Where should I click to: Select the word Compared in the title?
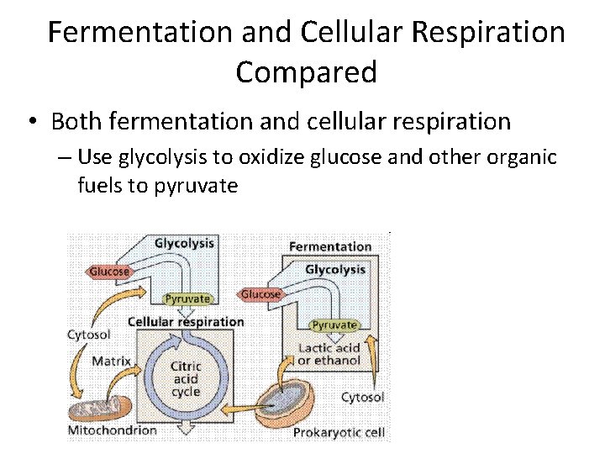[x=306, y=72]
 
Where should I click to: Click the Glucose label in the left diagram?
[x=109, y=272]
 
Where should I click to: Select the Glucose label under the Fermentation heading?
[x=260, y=294]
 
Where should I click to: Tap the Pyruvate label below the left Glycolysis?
[x=187, y=298]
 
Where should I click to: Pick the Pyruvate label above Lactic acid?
[x=334, y=325]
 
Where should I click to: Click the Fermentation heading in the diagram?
[x=330, y=246]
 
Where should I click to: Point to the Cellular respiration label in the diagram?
[x=186, y=321]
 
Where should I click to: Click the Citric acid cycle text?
[x=185, y=379]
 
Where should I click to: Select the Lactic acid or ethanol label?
[x=329, y=354]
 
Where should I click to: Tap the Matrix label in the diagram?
[x=111, y=362]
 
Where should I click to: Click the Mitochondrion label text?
[x=112, y=430]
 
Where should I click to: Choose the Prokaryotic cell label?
[x=339, y=433]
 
